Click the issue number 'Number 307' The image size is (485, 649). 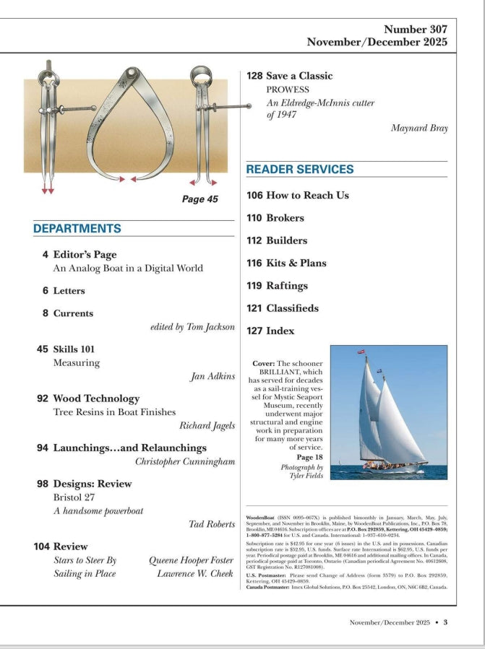click(x=415, y=30)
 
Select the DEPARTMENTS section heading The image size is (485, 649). click(x=77, y=229)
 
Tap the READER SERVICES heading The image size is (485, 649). click(x=300, y=170)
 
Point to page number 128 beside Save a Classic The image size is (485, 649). click(x=254, y=76)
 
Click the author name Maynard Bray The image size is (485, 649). click(x=419, y=129)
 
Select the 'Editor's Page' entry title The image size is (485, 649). click(x=85, y=255)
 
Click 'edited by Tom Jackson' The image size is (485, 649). click(x=192, y=327)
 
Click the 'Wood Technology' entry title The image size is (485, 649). click(x=96, y=398)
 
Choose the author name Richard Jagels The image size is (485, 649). click(x=207, y=425)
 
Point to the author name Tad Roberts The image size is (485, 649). click(x=212, y=523)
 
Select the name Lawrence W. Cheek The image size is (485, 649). click(x=196, y=574)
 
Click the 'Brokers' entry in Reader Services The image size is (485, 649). click(x=285, y=218)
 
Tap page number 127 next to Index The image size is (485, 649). click(x=254, y=331)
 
